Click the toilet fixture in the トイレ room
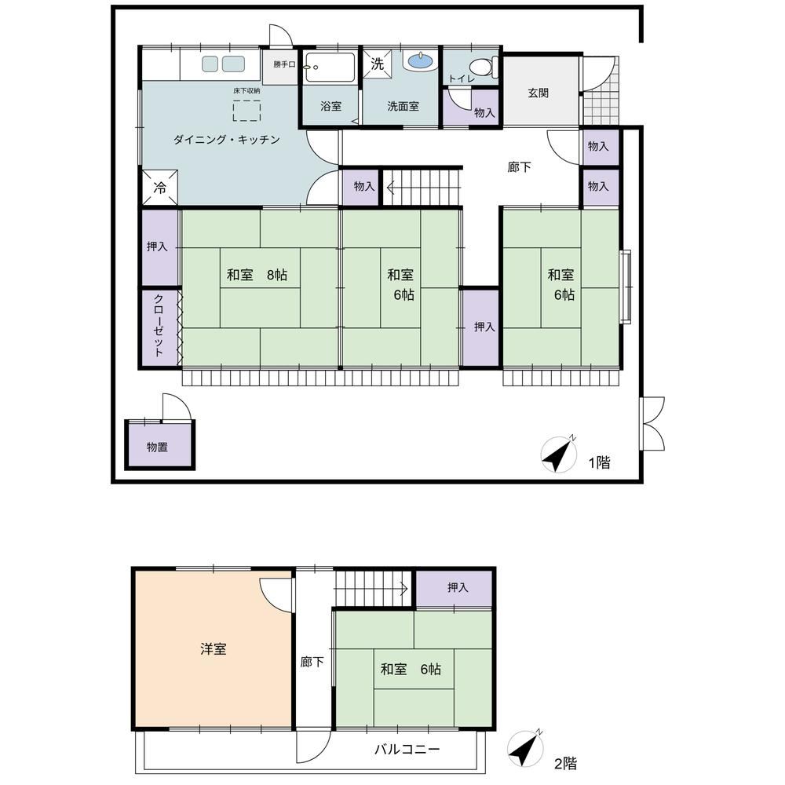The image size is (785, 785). pos(485,67)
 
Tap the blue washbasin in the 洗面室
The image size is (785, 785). pos(422,61)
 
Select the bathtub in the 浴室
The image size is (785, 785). pos(330,67)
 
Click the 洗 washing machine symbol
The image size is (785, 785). pos(377,64)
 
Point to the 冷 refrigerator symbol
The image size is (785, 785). pos(159,188)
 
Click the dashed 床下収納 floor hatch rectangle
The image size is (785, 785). pos(246,111)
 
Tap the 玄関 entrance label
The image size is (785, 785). pos(539,93)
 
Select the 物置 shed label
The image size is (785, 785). pos(157,447)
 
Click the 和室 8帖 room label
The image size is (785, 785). pos(257,274)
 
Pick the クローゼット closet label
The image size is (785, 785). pos(159,326)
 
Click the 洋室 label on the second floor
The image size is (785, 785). pos(214,648)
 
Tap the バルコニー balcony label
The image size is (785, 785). pos(407,749)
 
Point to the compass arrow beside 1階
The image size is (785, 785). pos(558,455)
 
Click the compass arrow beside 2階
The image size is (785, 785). pos(524,748)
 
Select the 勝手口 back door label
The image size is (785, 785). pos(284,64)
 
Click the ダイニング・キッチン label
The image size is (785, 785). pos(226,139)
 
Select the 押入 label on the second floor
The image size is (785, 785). pos(458,586)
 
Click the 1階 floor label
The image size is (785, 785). pos(599,462)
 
